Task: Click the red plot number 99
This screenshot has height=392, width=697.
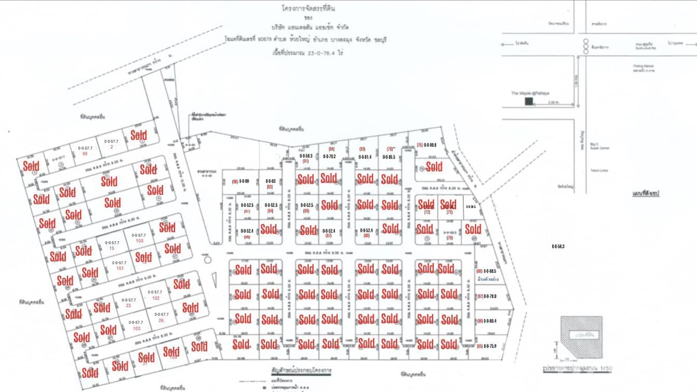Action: tap(85, 154)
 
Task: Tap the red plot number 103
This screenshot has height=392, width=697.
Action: tap(137, 329)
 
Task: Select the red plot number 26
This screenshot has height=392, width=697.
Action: tap(161, 320)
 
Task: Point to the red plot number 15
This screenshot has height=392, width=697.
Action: tap(112, 249)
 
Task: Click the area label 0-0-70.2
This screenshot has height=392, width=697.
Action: tap(328, 156)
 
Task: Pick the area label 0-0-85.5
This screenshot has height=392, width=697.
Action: tap(389, 156)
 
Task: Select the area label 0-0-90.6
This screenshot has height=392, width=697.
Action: tap(430, 145)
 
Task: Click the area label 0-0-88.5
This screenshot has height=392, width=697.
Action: tap(490, 271)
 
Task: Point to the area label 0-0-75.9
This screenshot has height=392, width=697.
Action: tap(490, 346)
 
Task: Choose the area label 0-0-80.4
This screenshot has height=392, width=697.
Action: tap(490, 321)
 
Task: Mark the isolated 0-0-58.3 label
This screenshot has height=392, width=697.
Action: tap(558, 246)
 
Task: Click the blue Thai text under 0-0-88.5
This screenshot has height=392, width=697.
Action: tap(488, 280)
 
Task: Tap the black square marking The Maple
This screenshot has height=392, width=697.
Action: tap(528, 102)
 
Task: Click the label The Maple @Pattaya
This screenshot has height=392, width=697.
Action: tap(524, 93)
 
